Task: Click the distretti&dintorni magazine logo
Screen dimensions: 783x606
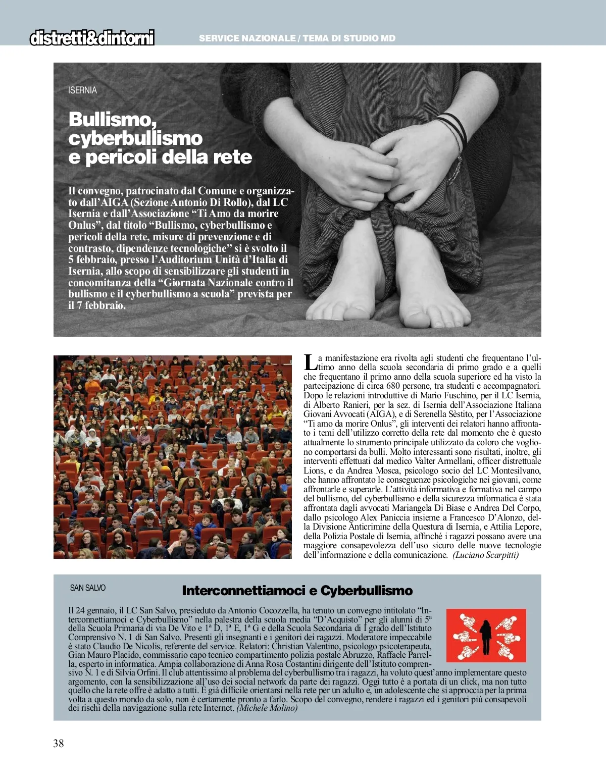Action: click(x=92, y=38)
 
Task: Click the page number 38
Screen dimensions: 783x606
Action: click(x=59, y=743)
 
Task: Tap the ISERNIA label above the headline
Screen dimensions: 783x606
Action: click(x=82, y=90)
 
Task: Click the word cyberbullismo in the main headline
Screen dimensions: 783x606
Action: click(x=135, y=138)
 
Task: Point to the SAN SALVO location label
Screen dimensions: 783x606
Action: click(x=88, y=588)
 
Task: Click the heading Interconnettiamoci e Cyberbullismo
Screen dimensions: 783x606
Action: click(x=297, y=591)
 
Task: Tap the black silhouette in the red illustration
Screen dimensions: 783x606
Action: click(x=486, y=636)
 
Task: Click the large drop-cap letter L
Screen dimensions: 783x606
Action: click(x=310, y=361)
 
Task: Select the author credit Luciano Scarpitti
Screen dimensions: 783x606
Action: click(x=485, y=555)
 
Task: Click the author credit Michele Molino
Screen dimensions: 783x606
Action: click(x=267, y=708)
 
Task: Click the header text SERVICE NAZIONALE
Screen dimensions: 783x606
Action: click(x=247, y=38)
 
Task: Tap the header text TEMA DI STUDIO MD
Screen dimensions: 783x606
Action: click(x=349, y=38)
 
